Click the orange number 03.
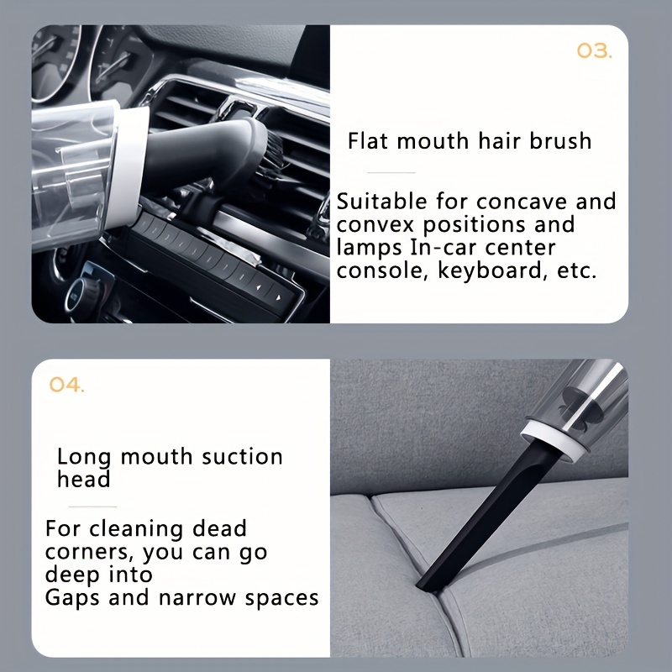point(595,51)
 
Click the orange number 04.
point(66,385)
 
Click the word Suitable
point(381,201)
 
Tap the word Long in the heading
point(84,457)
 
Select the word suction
point(242,456)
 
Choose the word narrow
point(197,598)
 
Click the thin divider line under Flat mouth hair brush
point(391,173)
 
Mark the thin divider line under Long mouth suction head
point(92,507)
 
